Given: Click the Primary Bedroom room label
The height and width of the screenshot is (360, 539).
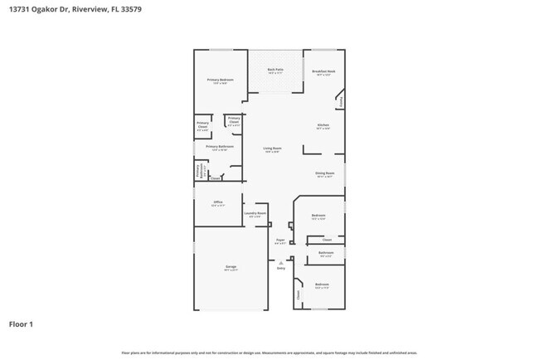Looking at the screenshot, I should click(x=220, y=80).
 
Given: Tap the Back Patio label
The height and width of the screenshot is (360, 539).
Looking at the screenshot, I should click(x=274, y=70).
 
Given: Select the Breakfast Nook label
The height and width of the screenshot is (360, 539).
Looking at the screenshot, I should click(x=323, y=71).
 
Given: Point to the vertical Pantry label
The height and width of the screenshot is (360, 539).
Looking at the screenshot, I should click(x=342, y=101).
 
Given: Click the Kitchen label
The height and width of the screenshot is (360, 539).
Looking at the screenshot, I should click(x=323, y=125).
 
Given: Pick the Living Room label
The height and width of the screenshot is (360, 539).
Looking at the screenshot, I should click(x=272, y=148).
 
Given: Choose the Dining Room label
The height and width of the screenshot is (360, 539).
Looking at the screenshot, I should click(x=323, y=173).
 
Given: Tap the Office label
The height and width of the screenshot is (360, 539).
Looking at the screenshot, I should click(x=218, y=202).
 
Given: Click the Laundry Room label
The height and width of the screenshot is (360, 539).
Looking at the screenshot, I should click(x=255, y=214).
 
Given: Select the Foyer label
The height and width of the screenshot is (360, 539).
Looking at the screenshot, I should click(x=280, y=241).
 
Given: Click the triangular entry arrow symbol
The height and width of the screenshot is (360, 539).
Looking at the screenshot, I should click(x=280, y=262).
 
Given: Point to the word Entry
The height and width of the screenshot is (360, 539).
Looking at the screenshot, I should click(x=280, y=269).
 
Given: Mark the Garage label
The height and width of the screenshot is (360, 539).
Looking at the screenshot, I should click(x=231, y=267).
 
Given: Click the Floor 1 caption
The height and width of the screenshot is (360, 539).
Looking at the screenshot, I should click(x=22, y=324).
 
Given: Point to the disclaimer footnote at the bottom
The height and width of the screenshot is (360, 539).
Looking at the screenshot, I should click(x=269, y=353).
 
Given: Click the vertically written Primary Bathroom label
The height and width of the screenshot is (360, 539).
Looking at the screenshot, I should click(x=197, y=171).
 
